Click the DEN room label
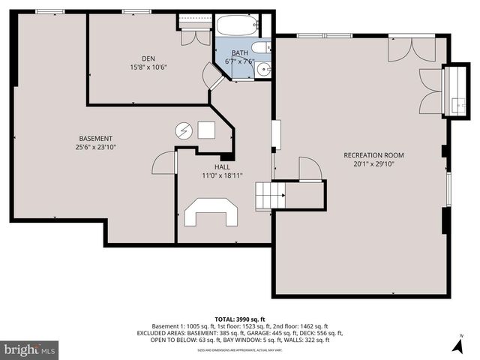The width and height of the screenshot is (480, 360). [148, 58]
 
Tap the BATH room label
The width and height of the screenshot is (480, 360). [240, 52]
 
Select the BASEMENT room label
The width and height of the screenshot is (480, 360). [95, 138]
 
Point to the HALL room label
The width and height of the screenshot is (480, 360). [223, 166]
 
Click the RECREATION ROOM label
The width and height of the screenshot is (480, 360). [368, 154]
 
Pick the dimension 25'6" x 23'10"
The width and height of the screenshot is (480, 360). [95, 147]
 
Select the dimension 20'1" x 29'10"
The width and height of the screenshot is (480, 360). [368, 163]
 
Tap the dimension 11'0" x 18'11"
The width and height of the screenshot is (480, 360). [223, 175]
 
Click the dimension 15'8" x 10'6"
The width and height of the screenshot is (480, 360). [148, 67]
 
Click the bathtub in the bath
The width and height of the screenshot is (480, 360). [238, 29]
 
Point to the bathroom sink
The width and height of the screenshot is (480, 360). [263, 70]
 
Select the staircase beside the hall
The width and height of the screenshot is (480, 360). [271, 196]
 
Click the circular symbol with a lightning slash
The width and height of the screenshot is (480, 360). [184, 130]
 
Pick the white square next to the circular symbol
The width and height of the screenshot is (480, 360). [205, 130]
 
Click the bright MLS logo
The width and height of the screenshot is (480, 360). [30, 349]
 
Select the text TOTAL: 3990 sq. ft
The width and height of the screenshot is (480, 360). [239, 319]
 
